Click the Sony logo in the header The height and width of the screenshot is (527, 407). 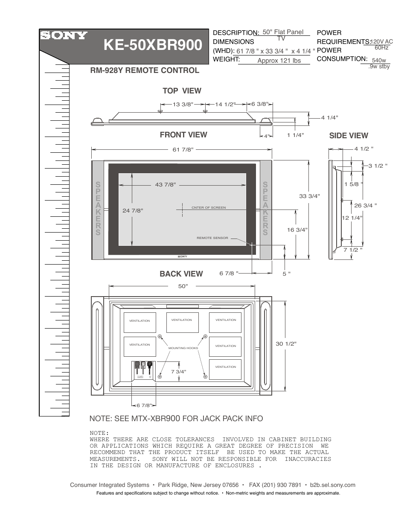point(64,36)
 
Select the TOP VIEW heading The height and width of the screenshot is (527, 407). point(182,90)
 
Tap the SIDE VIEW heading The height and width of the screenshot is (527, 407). point(348,136)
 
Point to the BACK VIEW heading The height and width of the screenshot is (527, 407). point(181,274)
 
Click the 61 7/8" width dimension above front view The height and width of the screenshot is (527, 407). point(183,149)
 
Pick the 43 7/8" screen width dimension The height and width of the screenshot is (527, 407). point(166,185)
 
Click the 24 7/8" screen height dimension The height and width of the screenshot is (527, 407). point(132,210)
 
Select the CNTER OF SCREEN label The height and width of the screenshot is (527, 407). point(209,208)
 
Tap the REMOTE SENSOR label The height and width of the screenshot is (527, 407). point(212,238)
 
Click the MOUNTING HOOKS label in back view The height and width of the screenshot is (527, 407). point(183,348)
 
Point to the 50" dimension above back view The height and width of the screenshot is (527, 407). point(183,286)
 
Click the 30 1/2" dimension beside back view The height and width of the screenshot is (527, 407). point(286,344)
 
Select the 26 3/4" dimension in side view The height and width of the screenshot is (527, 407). point(366,205)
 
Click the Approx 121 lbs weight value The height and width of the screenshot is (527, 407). point(279,61)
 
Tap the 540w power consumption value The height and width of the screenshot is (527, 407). point(379,61)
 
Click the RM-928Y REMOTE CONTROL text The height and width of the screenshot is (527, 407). point(145,70)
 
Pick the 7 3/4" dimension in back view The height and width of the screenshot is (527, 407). point(179,372)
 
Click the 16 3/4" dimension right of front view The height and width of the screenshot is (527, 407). point(297,230)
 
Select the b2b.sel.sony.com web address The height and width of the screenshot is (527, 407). point(333,485)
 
